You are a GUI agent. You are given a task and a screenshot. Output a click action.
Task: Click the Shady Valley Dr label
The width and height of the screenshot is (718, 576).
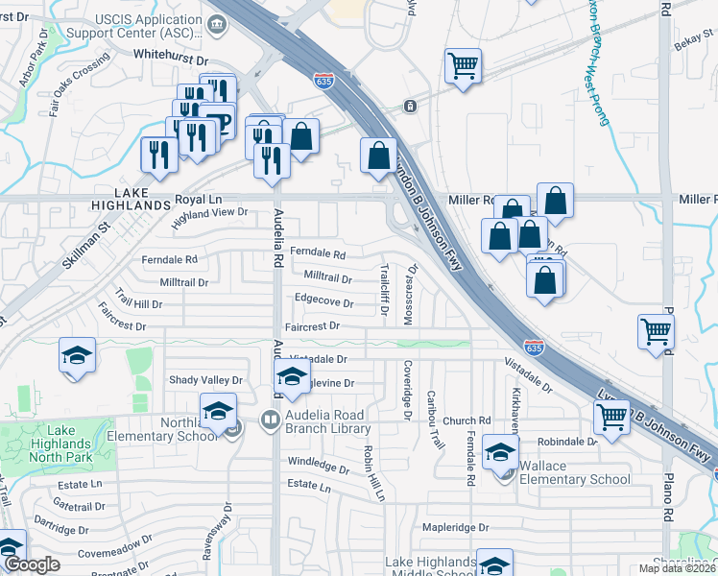(x=206, y=380)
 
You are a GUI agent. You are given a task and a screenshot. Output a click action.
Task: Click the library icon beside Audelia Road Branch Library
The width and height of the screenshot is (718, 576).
(x=271, y=419)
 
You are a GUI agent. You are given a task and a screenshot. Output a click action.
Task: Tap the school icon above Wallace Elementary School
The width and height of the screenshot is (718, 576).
(x=500, y=451)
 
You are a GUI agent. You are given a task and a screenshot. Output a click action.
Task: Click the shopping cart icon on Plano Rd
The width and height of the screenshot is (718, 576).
(x=656, y=331)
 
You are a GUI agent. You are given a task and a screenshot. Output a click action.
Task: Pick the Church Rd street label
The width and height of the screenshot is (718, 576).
(x=467, y=420)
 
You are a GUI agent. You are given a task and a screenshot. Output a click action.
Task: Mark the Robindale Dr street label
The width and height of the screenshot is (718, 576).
(x=567, y=443)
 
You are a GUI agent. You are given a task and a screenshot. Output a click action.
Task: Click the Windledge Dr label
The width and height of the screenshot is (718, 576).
(x=319, y=467)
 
